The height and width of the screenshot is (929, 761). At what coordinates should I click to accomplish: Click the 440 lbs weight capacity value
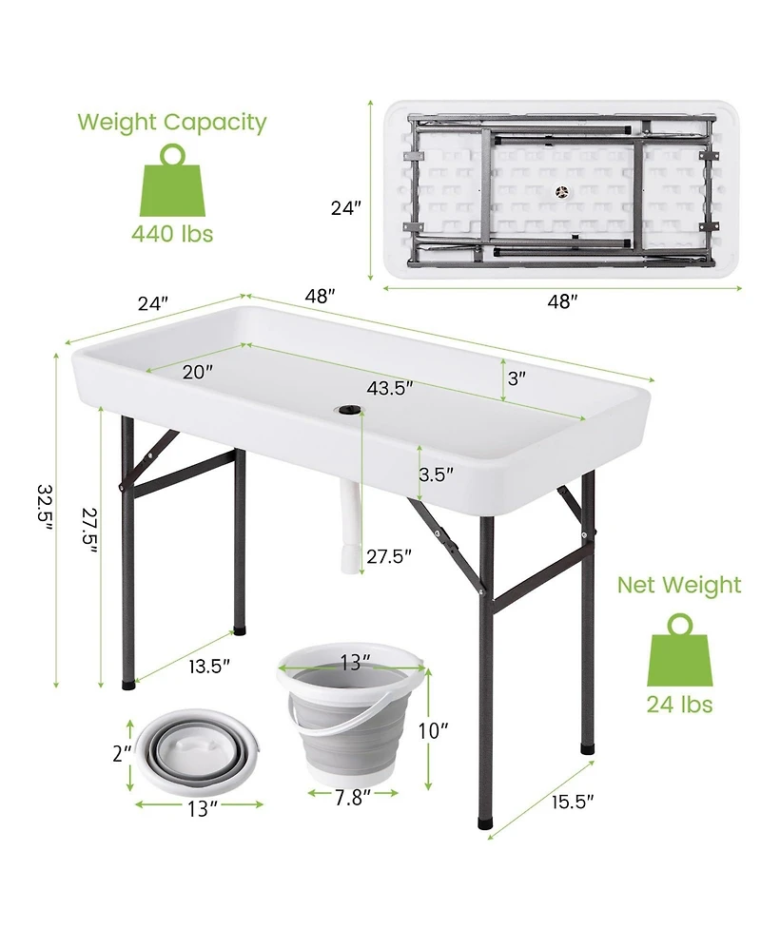coord(171,233)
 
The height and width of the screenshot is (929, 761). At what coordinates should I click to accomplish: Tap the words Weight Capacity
coord(171,122)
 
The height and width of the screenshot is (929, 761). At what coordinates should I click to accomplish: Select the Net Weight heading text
coord(679,585)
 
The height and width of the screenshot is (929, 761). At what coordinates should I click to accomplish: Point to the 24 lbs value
coord(679,704)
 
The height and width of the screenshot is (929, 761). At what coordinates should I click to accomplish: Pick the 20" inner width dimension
coord(197,371)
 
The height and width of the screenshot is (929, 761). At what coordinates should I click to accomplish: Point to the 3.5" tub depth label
coord(436,473)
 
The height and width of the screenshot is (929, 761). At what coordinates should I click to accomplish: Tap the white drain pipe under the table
coord(349,528)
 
